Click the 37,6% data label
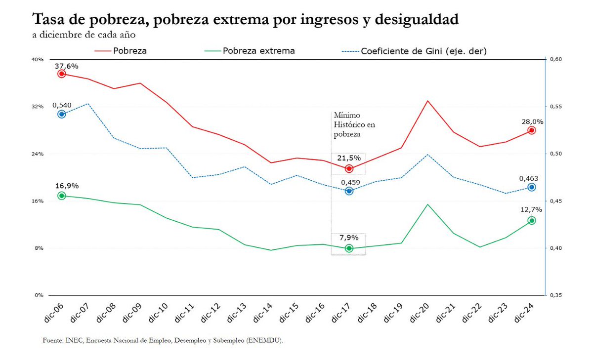(x=67, y=66)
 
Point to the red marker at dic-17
(x=349, y=168)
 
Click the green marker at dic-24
(x=532, y=220)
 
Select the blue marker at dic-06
(x=62, y=114)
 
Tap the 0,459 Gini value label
(x=349, y=182)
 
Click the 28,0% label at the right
(x=532, y=121)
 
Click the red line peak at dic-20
(x=428, y=101)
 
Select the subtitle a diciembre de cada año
(x=84, y=35)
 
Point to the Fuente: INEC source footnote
(x=163, y=341)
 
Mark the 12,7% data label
(x=532, y=209)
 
